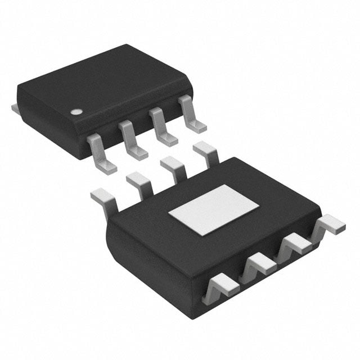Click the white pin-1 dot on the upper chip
pyautogui.click(x=74, y=111)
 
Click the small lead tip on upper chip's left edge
pyautogui.click(x=15, y=106)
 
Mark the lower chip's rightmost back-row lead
pyautogui.click(x=206, y=152)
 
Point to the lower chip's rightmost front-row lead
pyautogui.click(x=328, y=225)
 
